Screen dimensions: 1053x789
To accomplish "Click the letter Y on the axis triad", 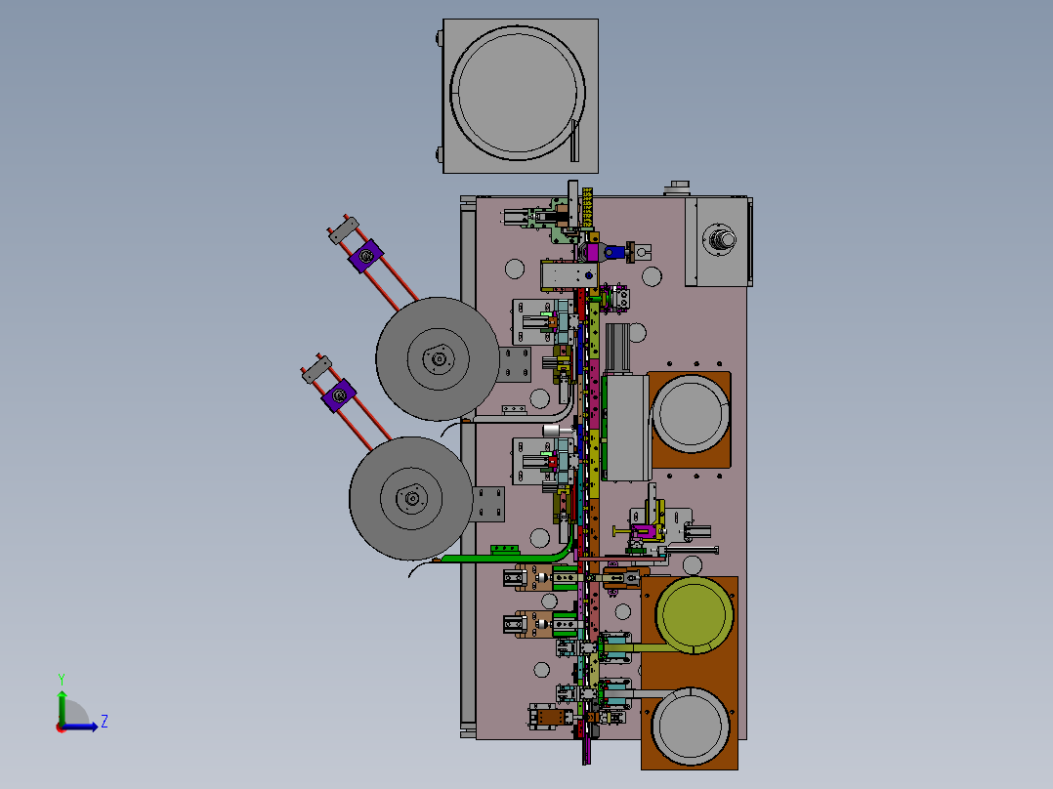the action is [x=62, y=679].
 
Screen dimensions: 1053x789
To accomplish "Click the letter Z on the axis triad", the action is [x=105, y=722].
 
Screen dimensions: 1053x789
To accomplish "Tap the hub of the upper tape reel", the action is [x=439, y=359].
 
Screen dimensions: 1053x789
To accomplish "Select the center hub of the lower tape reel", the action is [x=411, y=498].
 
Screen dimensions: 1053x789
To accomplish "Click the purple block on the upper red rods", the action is [x=366, y=256].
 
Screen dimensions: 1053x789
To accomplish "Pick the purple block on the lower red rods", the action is [x=339, y=396].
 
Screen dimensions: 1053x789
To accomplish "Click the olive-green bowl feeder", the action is [x=694, y=614].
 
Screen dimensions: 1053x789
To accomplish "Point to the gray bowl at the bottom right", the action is [x=691, y=726].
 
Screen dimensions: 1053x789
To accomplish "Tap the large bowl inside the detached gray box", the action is [x=518, y=93].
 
